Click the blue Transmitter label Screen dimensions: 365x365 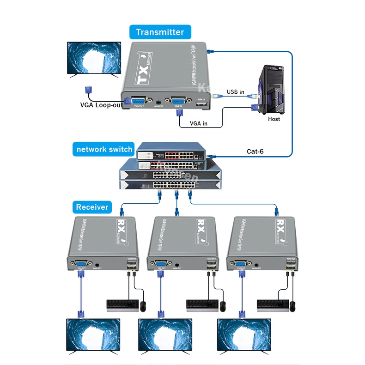tap(160, 32)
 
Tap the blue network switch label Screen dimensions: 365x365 tap(104, 149)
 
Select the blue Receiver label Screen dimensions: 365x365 tap(92, 207)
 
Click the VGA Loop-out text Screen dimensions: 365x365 tap(101, 104)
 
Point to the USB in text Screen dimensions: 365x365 tap(235, 92)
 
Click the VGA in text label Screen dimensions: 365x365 tap(199, 123)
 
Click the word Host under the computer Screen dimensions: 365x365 tap(274, 119)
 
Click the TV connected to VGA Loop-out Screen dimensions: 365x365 tap(94, 58)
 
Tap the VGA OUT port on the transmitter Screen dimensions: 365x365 tap(139, 100)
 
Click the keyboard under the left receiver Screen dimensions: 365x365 tap(122, 304)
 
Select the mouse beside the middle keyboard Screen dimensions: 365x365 tap(223, 305)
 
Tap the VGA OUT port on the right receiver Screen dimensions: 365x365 tap(240, 265)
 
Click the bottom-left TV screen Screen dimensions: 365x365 tap(93, 336)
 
